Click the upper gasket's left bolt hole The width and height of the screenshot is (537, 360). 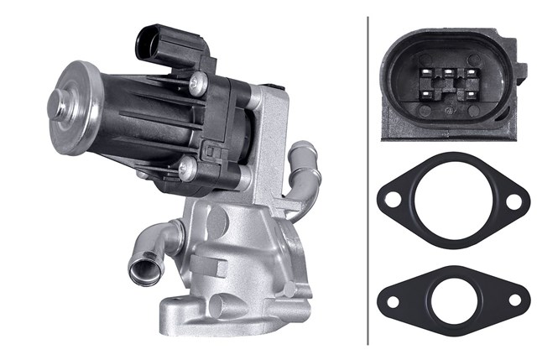393,200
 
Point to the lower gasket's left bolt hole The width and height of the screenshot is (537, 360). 393,295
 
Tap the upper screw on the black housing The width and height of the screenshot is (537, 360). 199,81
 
